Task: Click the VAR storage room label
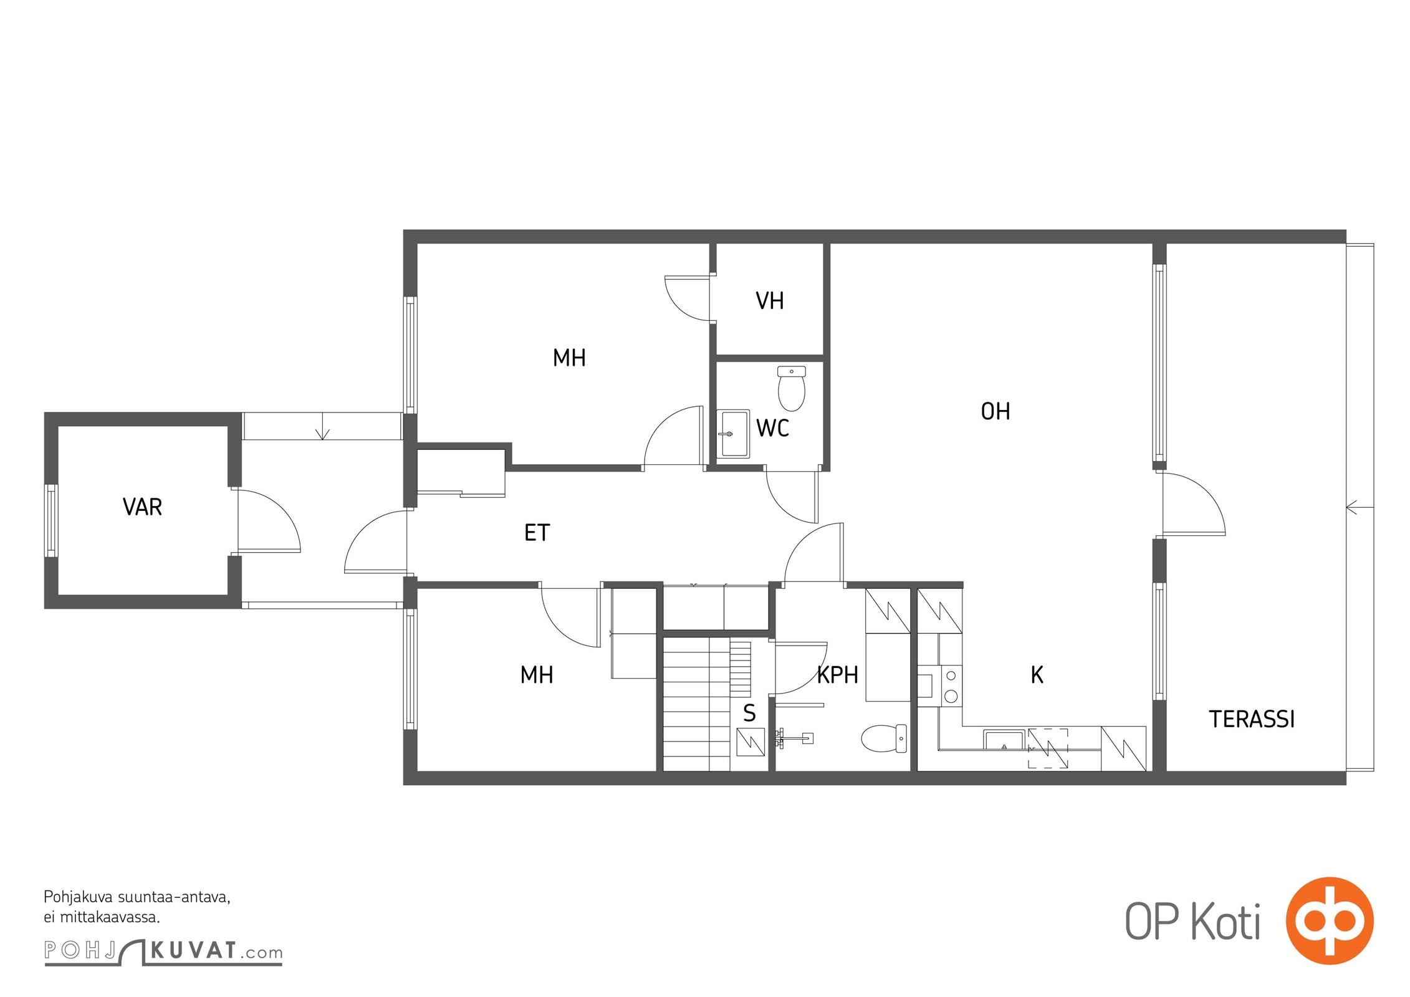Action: point(142,507)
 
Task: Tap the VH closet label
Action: point(770,301)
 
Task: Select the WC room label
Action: point(772,428)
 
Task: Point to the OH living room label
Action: point(995,411)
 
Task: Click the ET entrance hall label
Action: point(537,533)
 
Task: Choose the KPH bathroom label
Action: point(837,675)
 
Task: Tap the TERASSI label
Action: point(1252,720)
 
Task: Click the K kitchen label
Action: point(1037,675)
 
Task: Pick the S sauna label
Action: point(749,713)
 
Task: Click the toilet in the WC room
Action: point(792,388)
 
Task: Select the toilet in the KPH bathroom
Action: point(884,738)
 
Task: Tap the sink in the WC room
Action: point(733,434)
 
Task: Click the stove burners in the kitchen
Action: point(951,685)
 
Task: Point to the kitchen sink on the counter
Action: point(1004,740)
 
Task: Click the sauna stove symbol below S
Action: point(751,742)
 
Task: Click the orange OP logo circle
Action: point(1330,920)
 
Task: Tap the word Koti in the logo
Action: point(1225,922)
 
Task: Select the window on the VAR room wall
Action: point(51,520)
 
